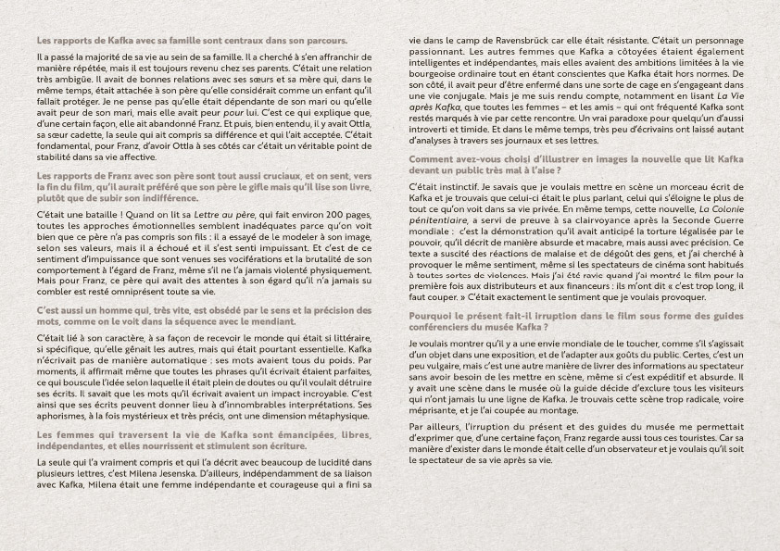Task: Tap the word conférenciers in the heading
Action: [x=446, y=327]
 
